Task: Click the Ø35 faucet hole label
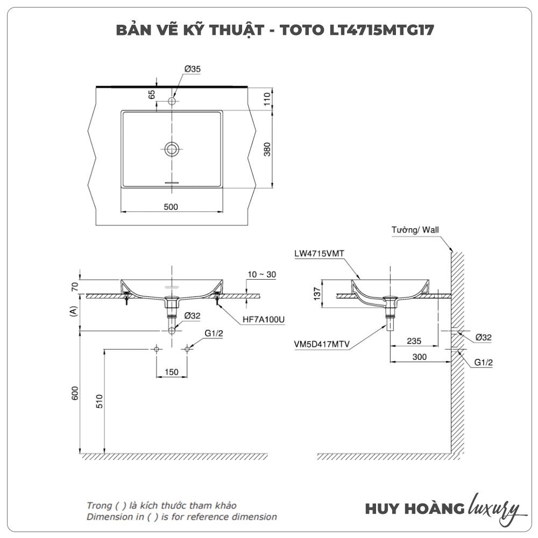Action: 192,69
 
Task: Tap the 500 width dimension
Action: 170,207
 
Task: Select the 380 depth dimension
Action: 267,149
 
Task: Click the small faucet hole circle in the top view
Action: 172,101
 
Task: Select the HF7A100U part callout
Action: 263,319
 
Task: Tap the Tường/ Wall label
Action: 415,230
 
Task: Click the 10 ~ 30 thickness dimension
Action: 261,274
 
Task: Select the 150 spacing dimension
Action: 172,372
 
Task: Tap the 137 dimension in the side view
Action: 317,293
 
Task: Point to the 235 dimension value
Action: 414,341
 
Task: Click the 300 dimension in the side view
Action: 420,357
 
